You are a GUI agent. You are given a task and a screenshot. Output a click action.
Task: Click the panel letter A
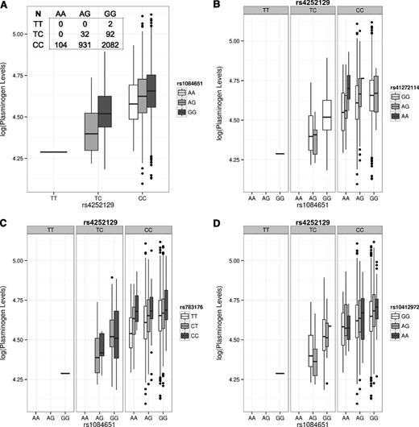tap(6, 6)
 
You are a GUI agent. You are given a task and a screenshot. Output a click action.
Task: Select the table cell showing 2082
tap(109, 49)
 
